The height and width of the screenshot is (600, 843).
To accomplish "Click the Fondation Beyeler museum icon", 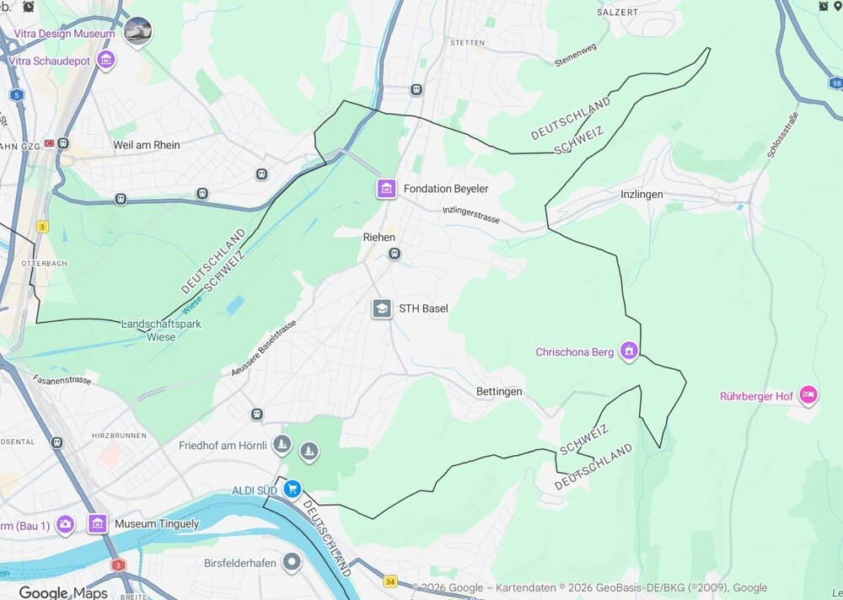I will tap(386, 189).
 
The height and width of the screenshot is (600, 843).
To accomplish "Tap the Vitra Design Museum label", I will tap(64, 34).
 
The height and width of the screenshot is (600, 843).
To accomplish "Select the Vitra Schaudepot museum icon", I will tap(106, 60).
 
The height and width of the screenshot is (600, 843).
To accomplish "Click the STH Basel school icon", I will tap(382, 308).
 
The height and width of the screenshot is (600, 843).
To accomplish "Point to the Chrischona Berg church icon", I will tap(629, 351).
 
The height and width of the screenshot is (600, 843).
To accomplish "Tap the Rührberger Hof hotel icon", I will tap(808, 394).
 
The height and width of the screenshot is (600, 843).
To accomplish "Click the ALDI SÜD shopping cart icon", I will tap(292, 489).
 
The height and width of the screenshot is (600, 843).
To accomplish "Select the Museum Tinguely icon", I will tap(98, 524).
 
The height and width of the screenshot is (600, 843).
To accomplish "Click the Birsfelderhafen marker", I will tap(292, 561).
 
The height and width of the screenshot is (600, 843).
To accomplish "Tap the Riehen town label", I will tap(379, 238).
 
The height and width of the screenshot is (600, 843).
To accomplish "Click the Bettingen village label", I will tap(499, 392).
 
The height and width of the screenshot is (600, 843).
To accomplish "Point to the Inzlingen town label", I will tap(642, 195).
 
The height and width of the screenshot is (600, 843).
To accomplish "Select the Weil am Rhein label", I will tap(147, 145).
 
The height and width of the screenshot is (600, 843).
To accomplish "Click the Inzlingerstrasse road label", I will tap(471, 215).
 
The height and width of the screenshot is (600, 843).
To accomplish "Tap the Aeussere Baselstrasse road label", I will tap(264, 348).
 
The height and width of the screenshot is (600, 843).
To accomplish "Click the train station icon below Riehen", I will tap(394, 254).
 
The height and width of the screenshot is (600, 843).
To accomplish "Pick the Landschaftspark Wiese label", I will tap(148, 330).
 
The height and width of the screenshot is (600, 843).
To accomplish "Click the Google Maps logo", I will tap(63, 592).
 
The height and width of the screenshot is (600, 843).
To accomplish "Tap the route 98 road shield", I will tap(835, 83).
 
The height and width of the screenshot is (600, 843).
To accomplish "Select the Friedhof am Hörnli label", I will tap(223, 445).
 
